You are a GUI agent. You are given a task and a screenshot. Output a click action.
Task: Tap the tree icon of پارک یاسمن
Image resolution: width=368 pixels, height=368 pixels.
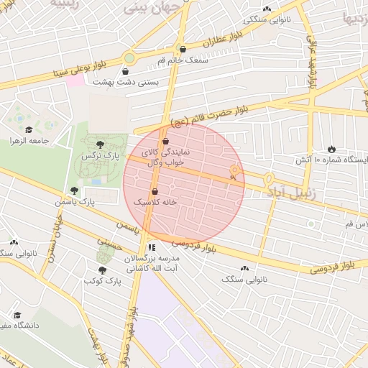pyautogui.click(x=74, y=190)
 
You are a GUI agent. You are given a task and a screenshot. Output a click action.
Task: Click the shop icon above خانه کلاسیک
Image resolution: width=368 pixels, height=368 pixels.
pyautogui.click(x=156, y=192)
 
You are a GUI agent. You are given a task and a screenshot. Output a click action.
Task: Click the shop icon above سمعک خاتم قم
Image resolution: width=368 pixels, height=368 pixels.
pyautogui.click(x=183, y=50)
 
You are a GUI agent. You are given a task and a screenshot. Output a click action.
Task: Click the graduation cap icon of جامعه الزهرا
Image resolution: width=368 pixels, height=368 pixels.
pyautogui.click(x=29, y=130)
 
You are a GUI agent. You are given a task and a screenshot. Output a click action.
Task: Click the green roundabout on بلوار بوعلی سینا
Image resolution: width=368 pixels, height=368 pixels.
pyautogui.click(x=129, y=58)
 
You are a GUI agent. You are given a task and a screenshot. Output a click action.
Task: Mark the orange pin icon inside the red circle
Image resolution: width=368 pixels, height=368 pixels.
pyautogui.click(x=234, y=171)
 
